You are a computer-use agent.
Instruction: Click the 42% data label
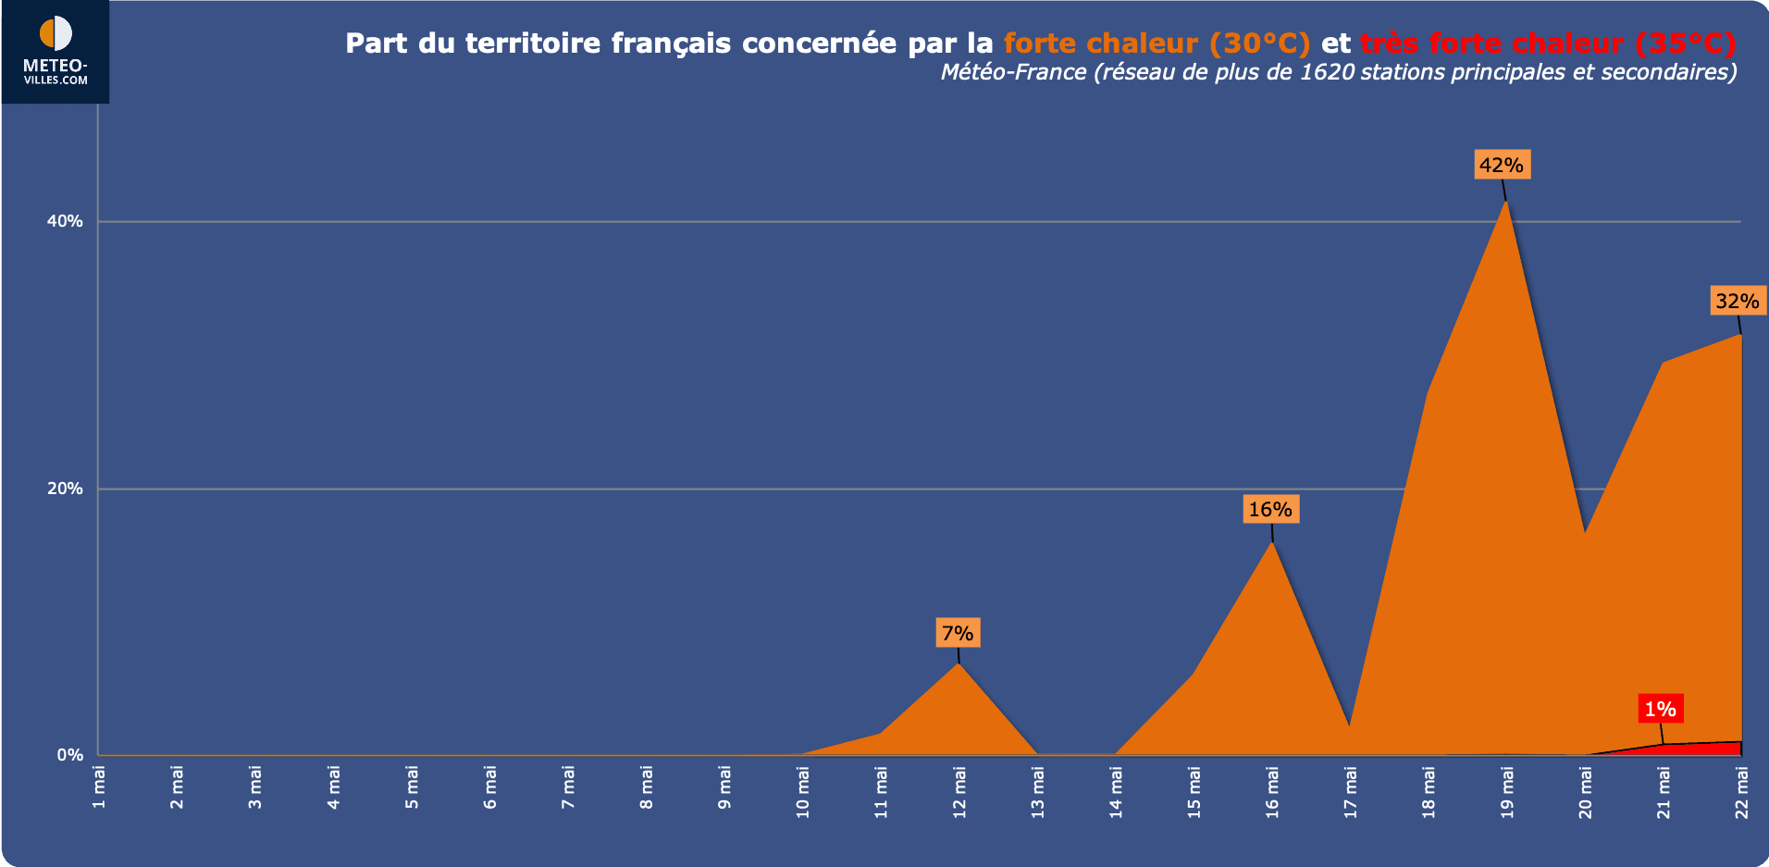click(1501, 165)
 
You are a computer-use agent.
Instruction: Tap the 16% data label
click(1270, 509)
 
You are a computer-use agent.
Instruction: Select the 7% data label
click(958, 633)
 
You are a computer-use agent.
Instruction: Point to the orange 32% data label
click(1737, 301)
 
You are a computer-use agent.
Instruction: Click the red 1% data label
click(1660, 709)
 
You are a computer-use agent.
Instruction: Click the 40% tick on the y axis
click(65, 221)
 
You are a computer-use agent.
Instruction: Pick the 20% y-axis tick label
click(65, 489)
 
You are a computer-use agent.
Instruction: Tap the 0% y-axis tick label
click(69, 755)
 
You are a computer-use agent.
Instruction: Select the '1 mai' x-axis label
click(99, 786)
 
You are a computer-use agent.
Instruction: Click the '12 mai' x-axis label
click(959, 792)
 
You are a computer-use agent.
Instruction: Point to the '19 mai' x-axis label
click(1507, 792)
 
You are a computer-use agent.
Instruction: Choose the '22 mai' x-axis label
click(1742, 792)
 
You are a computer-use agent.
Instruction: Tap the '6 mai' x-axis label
click(490, 786)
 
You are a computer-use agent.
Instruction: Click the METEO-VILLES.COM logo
click(56, 51)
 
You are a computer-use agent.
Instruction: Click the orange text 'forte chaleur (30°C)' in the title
click(1157, 43)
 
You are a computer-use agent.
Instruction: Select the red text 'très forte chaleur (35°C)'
click(1547, 43)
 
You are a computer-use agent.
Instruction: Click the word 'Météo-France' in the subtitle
click(1013, 72)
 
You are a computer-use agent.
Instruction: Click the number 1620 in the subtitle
click(1327, 72)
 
